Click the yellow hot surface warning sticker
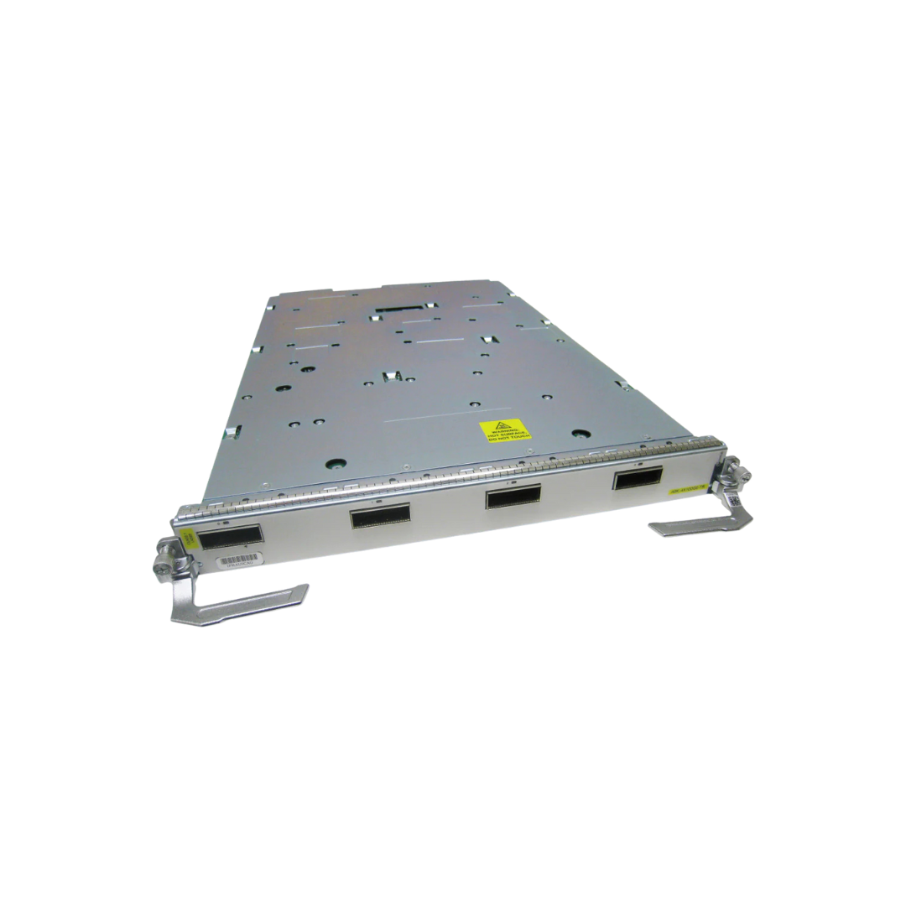click(506, 434)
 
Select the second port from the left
click(380, 515)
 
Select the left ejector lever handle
click(239, 601)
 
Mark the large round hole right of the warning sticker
click(577, 434)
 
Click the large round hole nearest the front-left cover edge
click(336, 462)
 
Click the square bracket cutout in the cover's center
click(388, 378)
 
